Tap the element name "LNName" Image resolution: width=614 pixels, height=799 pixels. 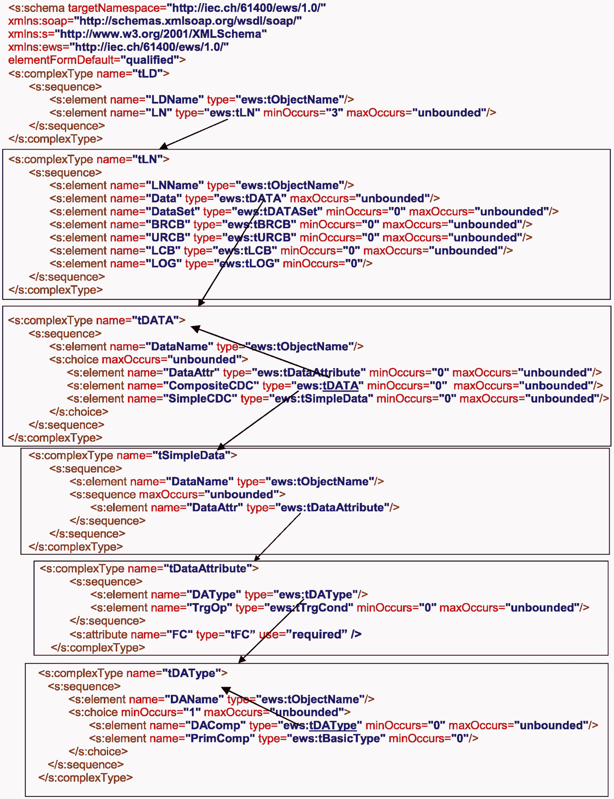click(175, 185)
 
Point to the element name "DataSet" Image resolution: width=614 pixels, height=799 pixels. click(173, 211)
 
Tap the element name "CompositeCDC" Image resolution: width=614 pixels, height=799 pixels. click(211, 386)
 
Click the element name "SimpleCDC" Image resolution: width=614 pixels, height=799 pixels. click(200, 399)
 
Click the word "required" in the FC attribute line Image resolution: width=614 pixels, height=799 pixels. click(317, 634)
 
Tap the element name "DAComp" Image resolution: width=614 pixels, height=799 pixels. click(216, 725)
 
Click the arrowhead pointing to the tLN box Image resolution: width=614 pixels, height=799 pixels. click(163, 146)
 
